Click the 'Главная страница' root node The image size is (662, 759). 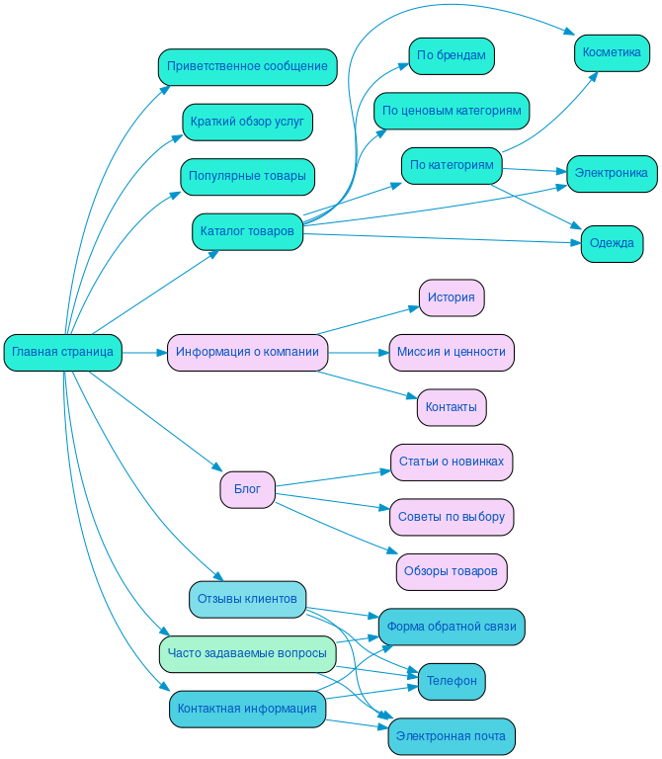(x=63, y=352)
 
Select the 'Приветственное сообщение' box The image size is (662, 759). (x=247, y=67)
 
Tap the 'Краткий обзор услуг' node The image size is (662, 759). (x=247, y=123)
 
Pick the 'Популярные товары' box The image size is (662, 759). (x=247, y=177)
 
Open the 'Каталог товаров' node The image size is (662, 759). (x=247, y=231)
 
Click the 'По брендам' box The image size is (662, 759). (x=451, y=56)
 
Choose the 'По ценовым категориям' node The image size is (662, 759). (x=451, y=111)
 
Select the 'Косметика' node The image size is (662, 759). (x=612, y=52)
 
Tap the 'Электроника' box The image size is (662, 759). (x=612, y=174)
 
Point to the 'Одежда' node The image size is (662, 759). (x=612, y=244)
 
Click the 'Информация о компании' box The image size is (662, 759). (x=247, y=352)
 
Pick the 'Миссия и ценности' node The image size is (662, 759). (x=451, y=352)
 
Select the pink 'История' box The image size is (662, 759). (x=451, y=297)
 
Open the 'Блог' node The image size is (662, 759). (x=247, y=489)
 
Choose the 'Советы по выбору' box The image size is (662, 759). (x=451, y=517)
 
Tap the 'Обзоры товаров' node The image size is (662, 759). (x=451, y=571)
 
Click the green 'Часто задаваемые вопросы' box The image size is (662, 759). (x=247, y=653)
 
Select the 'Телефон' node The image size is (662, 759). (x=451, y=681)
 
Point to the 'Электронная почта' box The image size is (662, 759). (x=451, y=736)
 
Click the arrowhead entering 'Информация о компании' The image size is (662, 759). (x=162, y=352)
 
